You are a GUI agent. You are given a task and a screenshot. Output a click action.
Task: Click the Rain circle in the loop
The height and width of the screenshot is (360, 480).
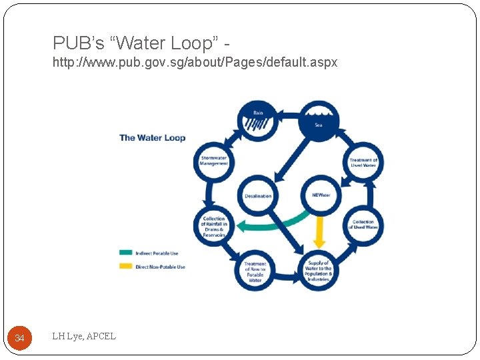click(257, 119)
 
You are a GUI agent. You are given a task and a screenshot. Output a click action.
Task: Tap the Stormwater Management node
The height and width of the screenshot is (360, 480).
click(214, 161)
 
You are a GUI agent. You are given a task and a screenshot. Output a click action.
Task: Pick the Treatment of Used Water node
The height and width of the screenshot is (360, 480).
click(363, 162)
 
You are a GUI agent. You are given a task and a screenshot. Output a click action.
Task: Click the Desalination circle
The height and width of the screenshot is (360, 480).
click(258, 195)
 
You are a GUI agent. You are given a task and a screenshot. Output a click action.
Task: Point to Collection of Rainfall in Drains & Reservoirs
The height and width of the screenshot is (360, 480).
click(214, 227)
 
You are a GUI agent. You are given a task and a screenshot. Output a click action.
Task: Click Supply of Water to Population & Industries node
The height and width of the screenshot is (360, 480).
click(318, 271)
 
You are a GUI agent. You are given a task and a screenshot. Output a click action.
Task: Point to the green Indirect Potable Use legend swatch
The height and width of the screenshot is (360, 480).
click(125, 253)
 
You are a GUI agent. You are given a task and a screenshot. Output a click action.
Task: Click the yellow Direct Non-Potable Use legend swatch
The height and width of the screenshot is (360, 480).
click(125, 267)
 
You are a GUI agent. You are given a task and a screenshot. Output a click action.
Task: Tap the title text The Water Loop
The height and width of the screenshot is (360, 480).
click(152, 138)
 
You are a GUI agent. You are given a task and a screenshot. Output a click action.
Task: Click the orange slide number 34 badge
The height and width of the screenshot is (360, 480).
click(19, 339)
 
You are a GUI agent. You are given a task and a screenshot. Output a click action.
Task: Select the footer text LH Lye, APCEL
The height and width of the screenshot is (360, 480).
click(84, 336)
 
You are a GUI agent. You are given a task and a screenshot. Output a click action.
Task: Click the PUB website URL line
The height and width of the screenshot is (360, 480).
click(195, 62)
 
